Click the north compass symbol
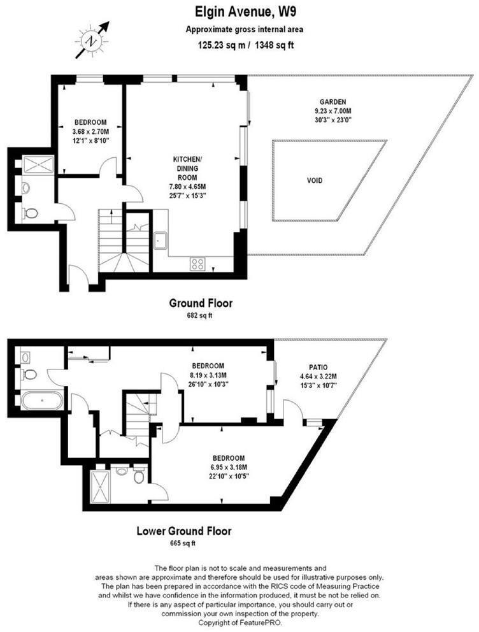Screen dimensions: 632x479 94,39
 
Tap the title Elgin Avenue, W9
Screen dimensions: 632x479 239,11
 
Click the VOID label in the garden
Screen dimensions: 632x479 315,180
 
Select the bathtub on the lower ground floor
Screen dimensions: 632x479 42,401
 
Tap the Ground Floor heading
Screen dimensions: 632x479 200,303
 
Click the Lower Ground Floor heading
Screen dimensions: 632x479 184,531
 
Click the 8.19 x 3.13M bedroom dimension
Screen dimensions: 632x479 208,375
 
